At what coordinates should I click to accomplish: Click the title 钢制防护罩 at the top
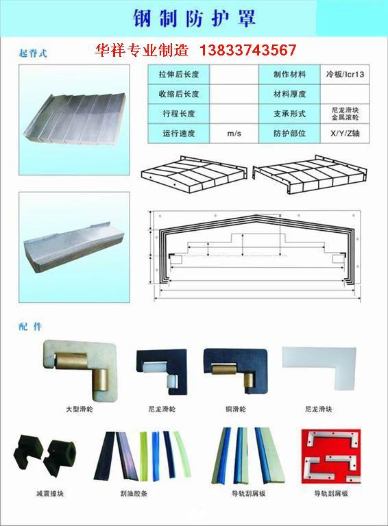click(195, 17)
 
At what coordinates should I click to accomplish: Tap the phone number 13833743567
click(247, 50)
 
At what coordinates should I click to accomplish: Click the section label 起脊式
click(33, 53)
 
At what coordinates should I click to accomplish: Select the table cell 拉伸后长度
click(179, 75)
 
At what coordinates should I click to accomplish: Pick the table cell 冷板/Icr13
click(345, 75)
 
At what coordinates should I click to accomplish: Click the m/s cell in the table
click(234, 134)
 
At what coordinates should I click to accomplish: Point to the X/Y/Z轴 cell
click(345, 134)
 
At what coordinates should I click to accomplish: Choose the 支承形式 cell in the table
click(289, 114)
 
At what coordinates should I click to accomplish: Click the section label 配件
click(30, 327)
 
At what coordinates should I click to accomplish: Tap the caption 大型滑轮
click(80, 409)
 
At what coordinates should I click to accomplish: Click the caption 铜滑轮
click(236, 409)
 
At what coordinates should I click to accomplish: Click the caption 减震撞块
click(50, 493)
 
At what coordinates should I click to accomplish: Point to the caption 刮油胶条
click(134, 493)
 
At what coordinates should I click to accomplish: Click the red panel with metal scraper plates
click(331, 456)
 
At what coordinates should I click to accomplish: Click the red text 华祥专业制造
click(142, 50)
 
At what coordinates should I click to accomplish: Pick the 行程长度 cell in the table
click(179, 114)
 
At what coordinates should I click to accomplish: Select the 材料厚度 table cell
click(289, 95)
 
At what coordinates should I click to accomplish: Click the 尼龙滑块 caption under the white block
click(319, 409)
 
